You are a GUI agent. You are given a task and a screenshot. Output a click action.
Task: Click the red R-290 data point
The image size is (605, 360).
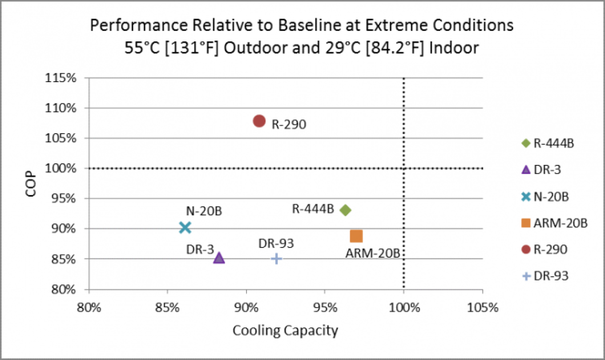259,121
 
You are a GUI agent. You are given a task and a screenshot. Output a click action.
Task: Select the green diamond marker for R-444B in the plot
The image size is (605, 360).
345,210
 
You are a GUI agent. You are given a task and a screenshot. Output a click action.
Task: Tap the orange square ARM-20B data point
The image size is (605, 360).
356,236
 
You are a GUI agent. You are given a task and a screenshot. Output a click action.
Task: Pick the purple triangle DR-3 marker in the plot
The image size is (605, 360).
219,258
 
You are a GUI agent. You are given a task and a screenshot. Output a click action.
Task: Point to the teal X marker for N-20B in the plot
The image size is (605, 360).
185,227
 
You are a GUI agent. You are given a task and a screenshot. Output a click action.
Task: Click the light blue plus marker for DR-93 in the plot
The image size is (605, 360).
276,258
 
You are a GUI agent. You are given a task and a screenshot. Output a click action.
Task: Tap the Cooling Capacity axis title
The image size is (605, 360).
285,331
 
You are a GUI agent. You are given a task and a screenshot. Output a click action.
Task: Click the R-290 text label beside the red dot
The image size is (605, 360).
289,125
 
